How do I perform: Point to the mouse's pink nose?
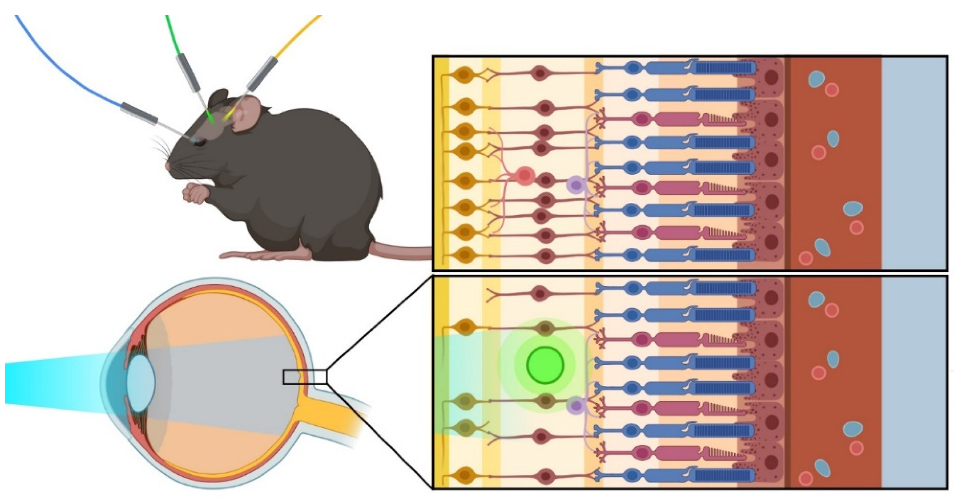click(x=168, y=167)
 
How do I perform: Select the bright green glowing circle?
click(x=545, y=365)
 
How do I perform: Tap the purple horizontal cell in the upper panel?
click(x=575, y=185)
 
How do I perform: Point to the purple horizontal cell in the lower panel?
click(x=576, y=405)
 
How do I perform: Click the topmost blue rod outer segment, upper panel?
click(x=724, y=68)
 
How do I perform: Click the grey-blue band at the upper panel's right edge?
click(x=914, y=163)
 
